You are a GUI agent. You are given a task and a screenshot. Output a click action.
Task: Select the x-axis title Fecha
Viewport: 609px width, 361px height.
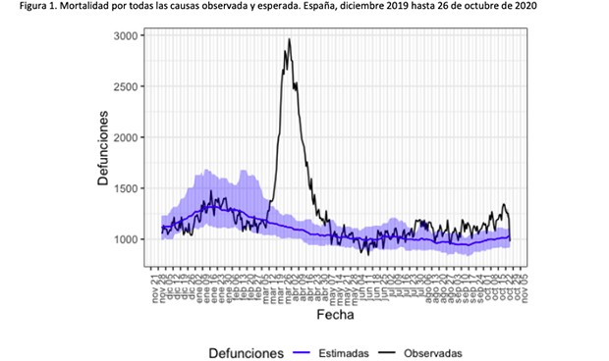pyautogui.click(x=335, y=316)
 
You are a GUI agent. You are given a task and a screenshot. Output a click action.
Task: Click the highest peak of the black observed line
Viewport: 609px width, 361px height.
pyautogui.click(x=289, y=40)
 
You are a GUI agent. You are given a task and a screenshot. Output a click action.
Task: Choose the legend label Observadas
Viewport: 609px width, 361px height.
pyautogui.click(x=432, y=351)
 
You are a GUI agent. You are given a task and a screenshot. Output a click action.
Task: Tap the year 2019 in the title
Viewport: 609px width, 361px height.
pyautogui.click(x=404, y=7)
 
